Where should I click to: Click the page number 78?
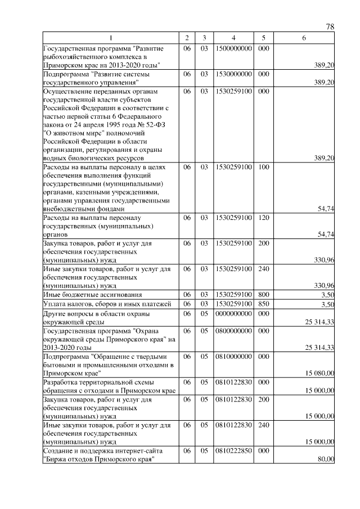[330, 27]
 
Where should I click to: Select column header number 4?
[233, 38]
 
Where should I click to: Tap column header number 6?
[304, 38]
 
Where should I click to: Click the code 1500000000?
[233, 49]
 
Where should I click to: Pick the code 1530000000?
[233, 74]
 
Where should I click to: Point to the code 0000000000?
[233, 314]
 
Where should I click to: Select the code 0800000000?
[233, 331]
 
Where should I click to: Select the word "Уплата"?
[55, 304]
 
